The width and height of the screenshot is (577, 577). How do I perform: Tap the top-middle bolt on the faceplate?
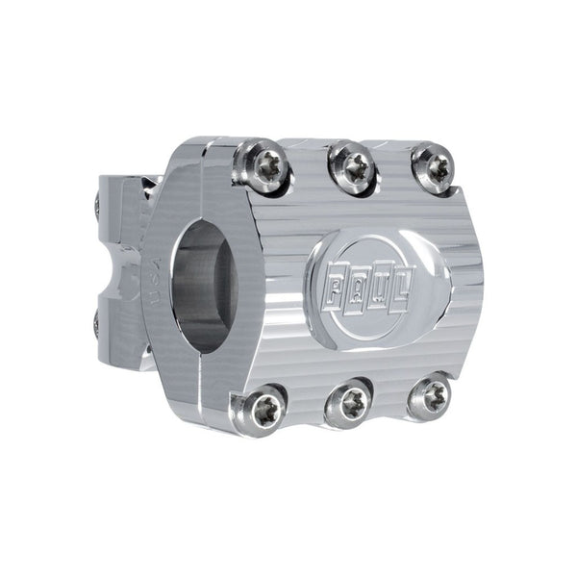[352, 166]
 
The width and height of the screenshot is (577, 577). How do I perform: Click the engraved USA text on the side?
[152, 280]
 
